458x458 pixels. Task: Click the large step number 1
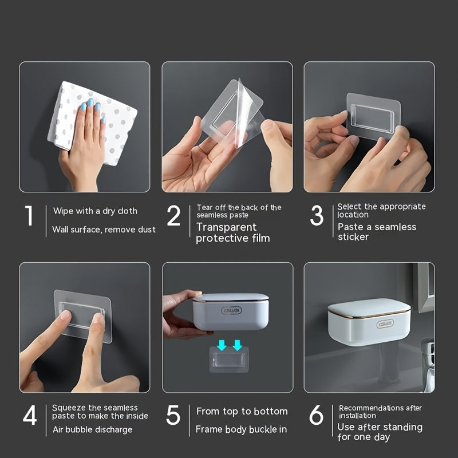[x=29, y=216]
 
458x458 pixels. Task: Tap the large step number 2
[x=173, y=216]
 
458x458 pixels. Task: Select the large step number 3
[x=317, y=216]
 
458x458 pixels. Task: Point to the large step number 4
[x=30, y=416]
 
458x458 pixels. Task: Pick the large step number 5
[x=173, y=416]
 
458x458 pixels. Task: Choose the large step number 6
[x=316, y=416]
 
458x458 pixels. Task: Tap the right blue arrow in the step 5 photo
[x=236, y=345]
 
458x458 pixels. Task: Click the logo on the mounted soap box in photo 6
[x=369, y=323]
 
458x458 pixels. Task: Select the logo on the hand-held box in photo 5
[x=232, y=310]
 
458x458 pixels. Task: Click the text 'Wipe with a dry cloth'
[x=95, y=211]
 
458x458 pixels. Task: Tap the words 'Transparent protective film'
[x=232, y=232]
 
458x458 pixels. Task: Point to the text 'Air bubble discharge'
[x=92, y=429]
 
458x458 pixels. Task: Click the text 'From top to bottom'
[x=242, y=411]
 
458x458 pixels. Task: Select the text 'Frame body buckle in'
[x=241, y=429]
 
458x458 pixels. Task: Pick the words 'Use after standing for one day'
[x=380, y=432]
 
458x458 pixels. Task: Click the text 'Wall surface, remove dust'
[x=104, y=230]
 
